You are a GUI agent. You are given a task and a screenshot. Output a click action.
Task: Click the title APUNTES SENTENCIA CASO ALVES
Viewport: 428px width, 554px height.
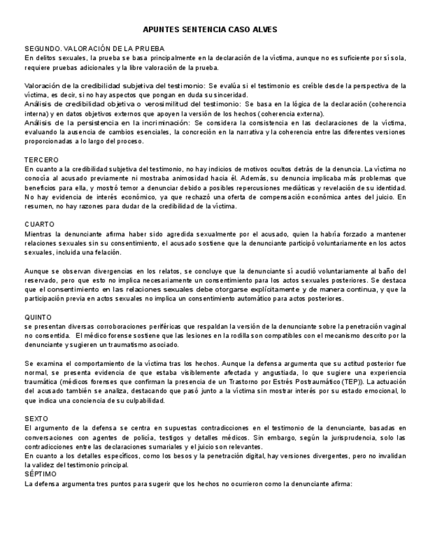210,29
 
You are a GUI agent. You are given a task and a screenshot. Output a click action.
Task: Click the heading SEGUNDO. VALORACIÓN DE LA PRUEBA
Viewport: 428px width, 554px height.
94,48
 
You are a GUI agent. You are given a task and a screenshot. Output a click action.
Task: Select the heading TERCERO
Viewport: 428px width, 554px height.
41,159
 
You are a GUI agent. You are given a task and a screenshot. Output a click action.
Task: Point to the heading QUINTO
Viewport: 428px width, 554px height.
39,317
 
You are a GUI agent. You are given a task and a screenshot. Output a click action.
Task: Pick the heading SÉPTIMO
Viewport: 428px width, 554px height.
40,474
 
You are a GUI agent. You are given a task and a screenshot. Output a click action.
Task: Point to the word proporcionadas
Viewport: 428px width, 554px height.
51,141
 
